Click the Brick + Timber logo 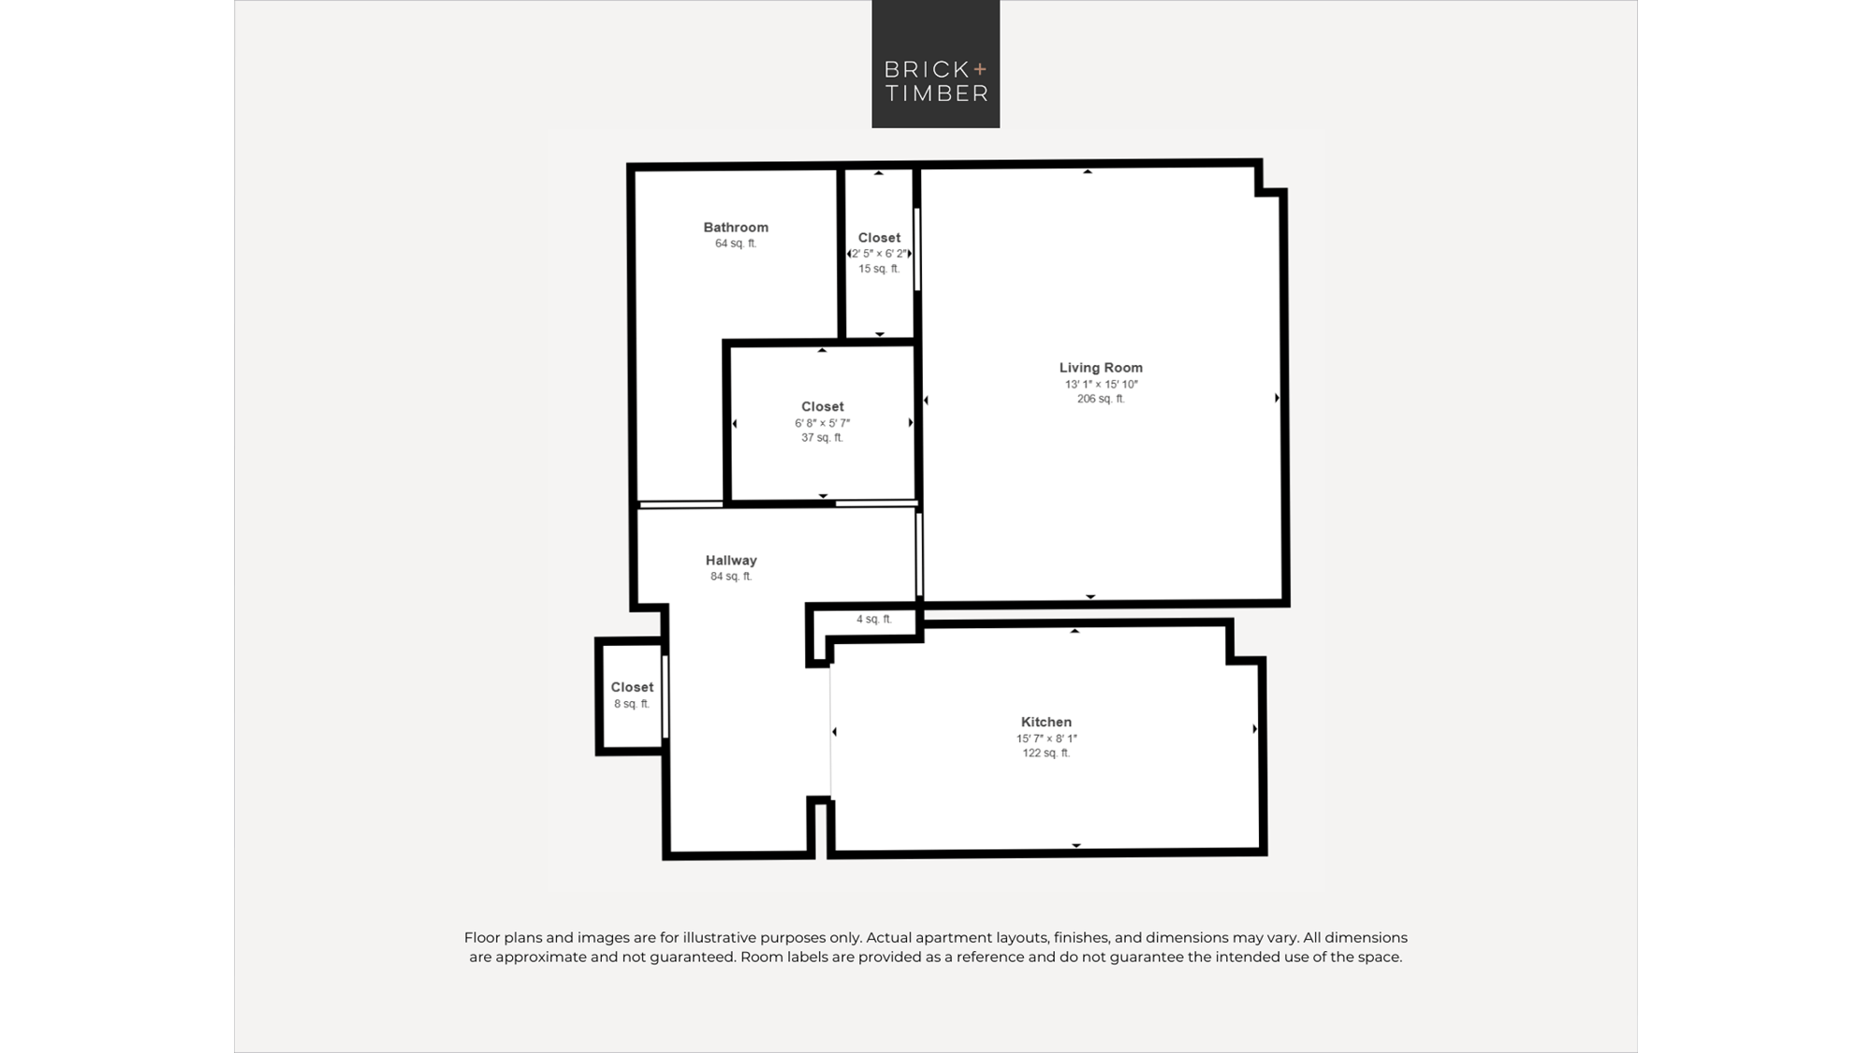935,64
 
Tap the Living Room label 1101,368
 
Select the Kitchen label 1046,722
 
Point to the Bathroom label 736,227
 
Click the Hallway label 731,560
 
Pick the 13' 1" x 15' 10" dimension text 1101,384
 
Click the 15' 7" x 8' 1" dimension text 1046,739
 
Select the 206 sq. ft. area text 1101,399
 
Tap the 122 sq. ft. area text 1046,753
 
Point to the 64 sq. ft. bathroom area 736,243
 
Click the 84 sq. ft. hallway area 731,577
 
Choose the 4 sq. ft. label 874,619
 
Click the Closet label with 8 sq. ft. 632,687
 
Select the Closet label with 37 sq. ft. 823,406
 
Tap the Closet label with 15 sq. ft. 879,238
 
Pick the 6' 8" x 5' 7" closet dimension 823,423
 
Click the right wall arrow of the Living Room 1278,398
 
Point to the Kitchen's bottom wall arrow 1076,845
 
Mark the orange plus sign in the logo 980,68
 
